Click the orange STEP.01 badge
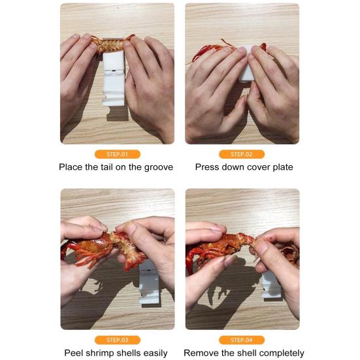coord(118,154)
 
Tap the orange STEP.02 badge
coord(242,154)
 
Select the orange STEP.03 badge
coord(118,340)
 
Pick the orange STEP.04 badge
coord(242,340)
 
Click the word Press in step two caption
coord(206,167)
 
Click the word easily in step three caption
coord(155,353)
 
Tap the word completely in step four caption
coord(282,353)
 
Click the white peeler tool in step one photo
coord(114,78)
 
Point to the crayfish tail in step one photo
coord(110,44)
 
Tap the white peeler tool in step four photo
coord(271,286)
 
